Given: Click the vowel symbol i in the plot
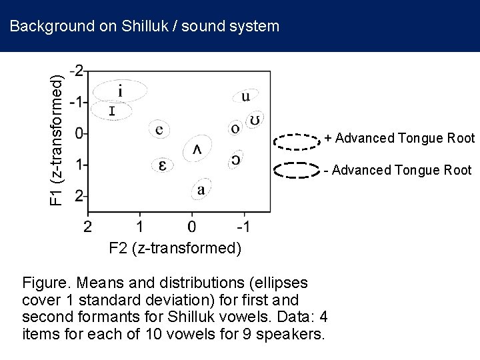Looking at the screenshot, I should [119, 90].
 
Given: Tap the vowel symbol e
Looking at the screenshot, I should [159, 129].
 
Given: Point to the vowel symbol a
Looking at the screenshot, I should [201, 190].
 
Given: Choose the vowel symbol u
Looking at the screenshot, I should [245, 97].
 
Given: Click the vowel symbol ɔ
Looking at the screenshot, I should [236, 160].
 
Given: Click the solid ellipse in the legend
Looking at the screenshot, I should [298, 170].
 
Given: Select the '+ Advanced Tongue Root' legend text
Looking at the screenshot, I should [400, 139].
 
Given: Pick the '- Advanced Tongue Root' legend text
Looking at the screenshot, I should [398, 170].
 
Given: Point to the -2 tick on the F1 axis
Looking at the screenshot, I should [77, 71].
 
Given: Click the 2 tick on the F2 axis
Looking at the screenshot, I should [87, 227].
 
